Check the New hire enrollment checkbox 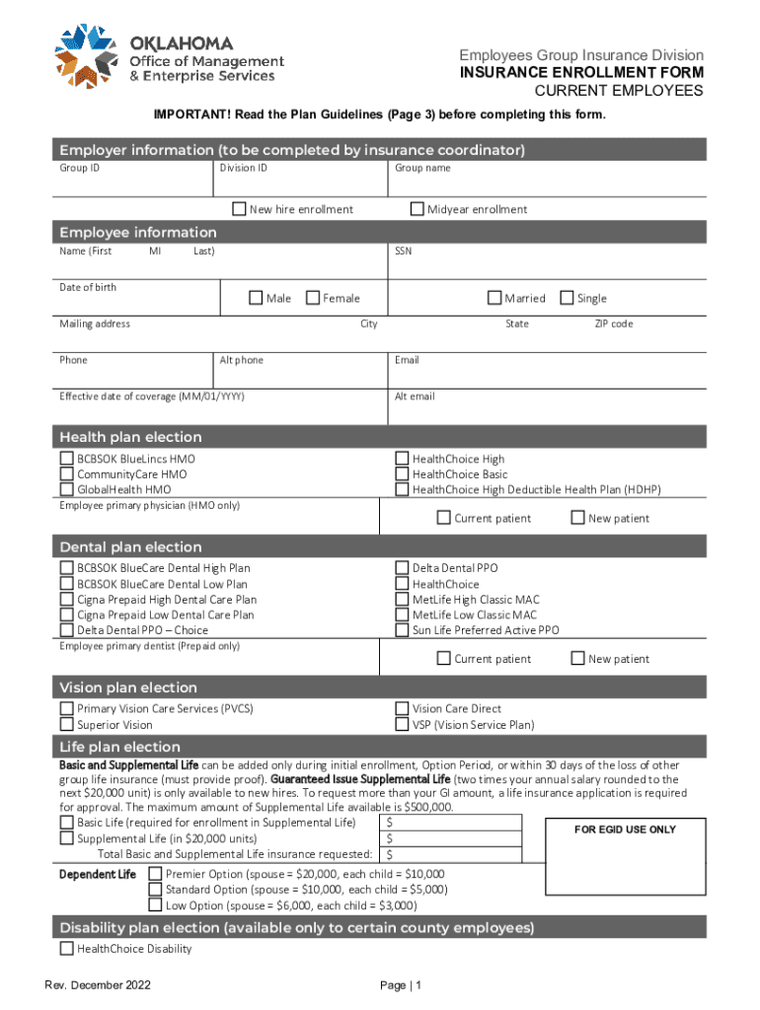click(x=239, y=209)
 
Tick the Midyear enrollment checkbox click(x=417, y=209)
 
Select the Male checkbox click(x=256, y=298)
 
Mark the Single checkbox click(x=567, y=298)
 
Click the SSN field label click(x=403, y=252)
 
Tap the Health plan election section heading click(x=130, y=437)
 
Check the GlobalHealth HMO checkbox click(x=67, y=489)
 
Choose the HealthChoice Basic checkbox click(x=402, y=474)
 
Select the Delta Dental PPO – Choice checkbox click(x=67, y=630)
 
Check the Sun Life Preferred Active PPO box click(x=402, y=630)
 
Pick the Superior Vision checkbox click(x=67, y=725)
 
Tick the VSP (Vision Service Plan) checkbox click(x=402, y=725)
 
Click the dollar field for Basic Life click(x=452, y=823)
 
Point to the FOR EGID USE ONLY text click(x=625, y=830)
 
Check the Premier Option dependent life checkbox click(x=155, y=874)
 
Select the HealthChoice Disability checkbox click(x=67, y=949)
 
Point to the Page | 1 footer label click(x=401, y=985)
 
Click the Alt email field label click(x=415, y=397)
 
